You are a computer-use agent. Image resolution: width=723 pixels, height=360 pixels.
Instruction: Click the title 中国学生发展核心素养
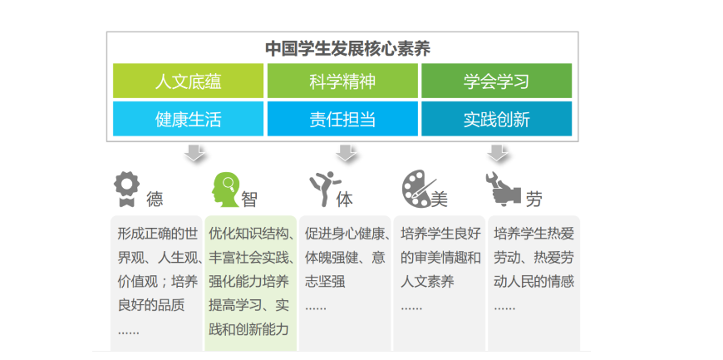(x=348, y=48)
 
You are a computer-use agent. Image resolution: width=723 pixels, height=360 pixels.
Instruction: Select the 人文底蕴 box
(x=188, y=81)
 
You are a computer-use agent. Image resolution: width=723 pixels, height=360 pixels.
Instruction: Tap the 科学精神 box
(x=342, y=81)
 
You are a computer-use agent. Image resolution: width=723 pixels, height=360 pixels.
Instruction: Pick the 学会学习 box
(x=497, y=81)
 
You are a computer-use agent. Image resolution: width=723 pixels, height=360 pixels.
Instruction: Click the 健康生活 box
(x=188, y=119)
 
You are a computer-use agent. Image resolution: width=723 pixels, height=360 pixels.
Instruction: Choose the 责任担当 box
(x=342, y=119)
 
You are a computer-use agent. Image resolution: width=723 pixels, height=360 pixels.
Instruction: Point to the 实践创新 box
(x=497, y=119)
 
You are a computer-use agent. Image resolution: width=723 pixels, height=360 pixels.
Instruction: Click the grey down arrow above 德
(x=194, y=152)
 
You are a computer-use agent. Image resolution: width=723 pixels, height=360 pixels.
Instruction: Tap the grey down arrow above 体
(x=346, y=152)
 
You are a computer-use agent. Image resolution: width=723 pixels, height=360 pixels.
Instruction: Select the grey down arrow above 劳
(x=498, y=152)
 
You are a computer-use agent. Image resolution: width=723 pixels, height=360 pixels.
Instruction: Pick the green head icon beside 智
(x=225, y=190)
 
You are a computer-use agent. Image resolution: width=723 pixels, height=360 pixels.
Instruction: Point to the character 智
(x=249, y=200)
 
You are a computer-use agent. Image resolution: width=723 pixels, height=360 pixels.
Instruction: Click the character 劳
(x=534, y=200)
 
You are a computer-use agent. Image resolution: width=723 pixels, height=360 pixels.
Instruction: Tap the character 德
(x=155, y=200)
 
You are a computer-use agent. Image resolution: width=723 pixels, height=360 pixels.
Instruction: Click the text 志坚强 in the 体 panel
(x=325, y=282)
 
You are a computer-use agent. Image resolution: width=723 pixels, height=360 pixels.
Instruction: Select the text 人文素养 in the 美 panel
(x=427, y=282)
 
